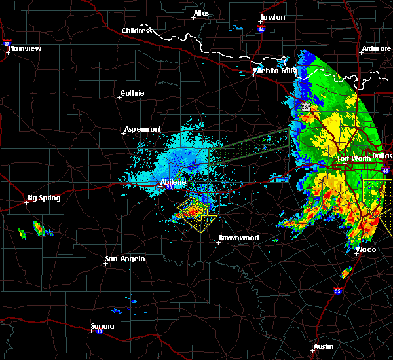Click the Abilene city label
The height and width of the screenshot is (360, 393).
tap(173, 182)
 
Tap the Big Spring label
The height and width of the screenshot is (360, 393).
tap(43, 198)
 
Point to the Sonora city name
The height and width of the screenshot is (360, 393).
tap(103, 326)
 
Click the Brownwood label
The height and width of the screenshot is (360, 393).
tap(238, 238)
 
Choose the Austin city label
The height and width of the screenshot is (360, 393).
tap(323, 346)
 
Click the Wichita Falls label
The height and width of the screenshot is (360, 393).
tap(275, 71)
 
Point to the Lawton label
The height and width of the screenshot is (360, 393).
tap(272, 17)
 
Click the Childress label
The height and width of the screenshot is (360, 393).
tap(137, 31)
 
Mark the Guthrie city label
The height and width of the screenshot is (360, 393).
tap(133, 93)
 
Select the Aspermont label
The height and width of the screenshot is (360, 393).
tap(143, 130)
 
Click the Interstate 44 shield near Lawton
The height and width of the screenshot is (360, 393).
tap(261, 29)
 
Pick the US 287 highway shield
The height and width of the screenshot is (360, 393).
tap(305, 106)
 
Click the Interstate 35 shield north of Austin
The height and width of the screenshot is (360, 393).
tap(337, 291)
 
